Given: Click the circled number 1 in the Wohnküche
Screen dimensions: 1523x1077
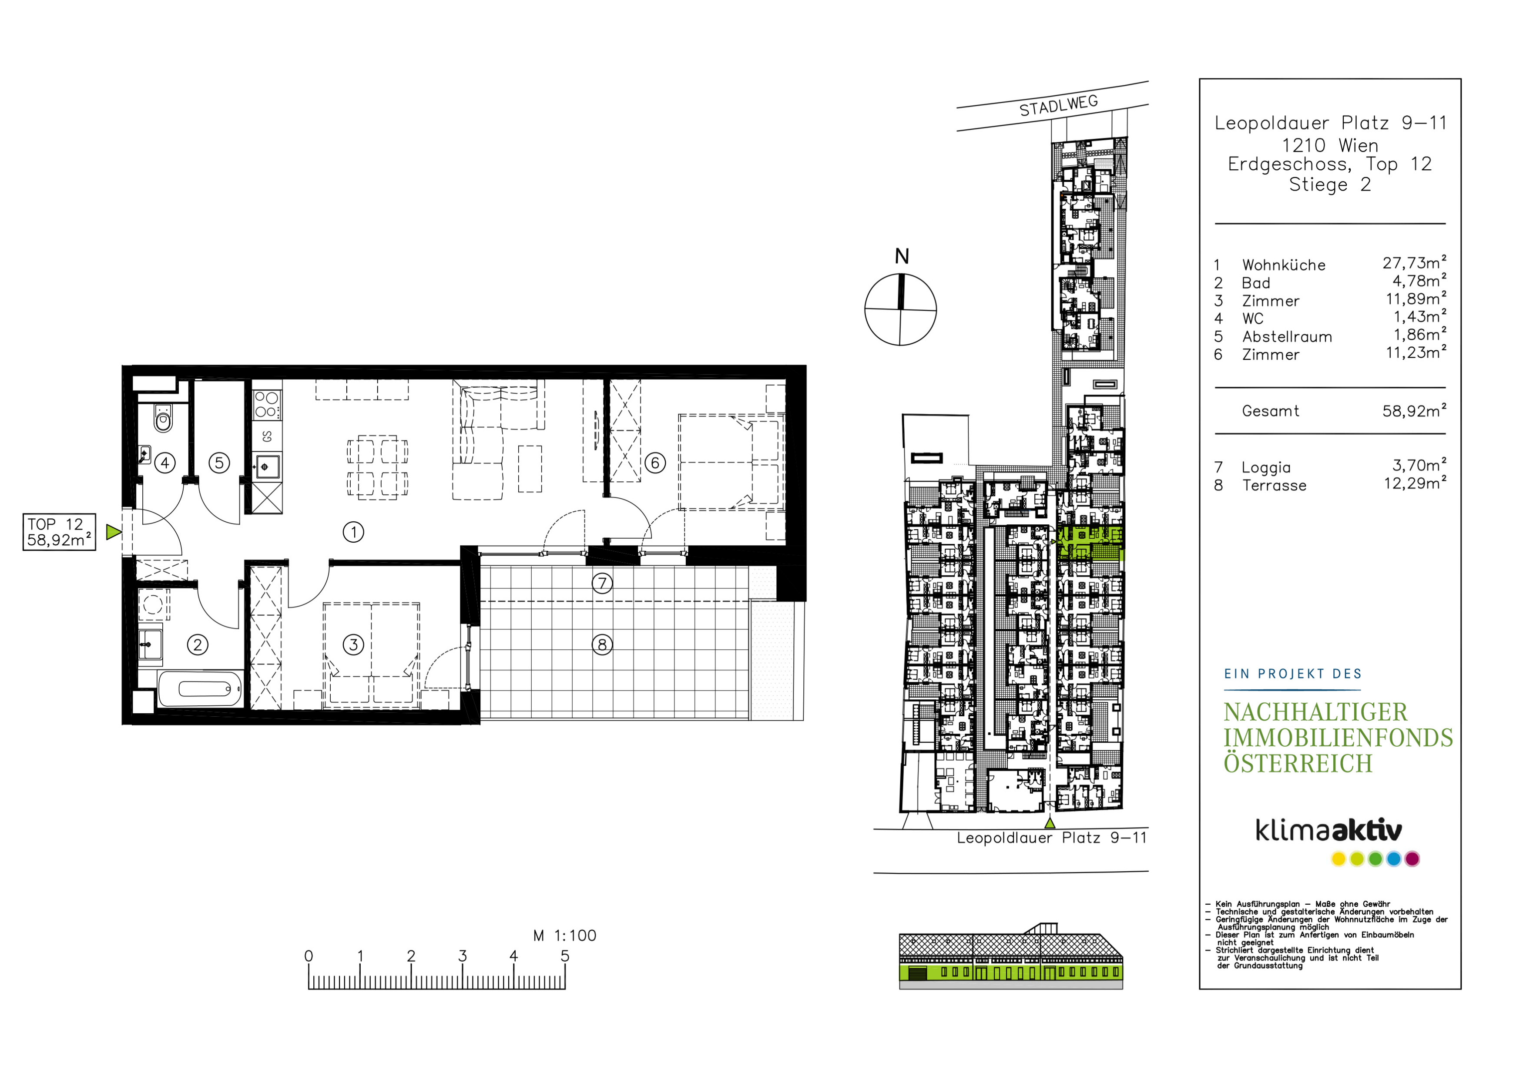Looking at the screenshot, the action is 353,532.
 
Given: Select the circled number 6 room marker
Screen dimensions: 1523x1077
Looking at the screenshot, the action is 655,462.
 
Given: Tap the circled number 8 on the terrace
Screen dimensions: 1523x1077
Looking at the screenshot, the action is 602,644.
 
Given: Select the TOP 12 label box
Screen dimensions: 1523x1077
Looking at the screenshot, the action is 59,532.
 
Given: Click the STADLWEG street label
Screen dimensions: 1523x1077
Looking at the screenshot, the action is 1059,105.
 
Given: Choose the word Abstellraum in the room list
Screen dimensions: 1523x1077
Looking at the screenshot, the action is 1287,337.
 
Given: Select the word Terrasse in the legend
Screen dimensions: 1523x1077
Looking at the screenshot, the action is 1274,486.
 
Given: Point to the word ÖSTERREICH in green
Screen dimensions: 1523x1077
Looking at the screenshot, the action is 1298,763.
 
